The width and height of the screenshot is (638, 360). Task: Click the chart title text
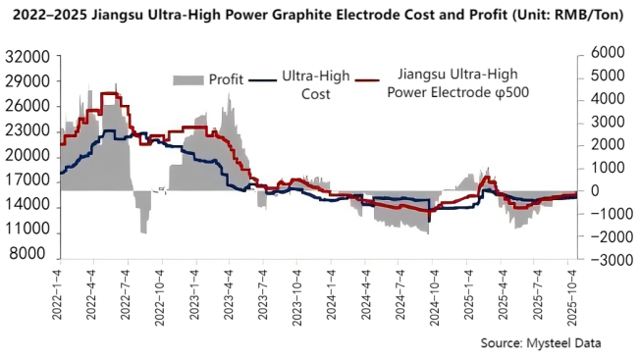(318, 17)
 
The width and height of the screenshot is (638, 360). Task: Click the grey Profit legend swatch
(188, 78)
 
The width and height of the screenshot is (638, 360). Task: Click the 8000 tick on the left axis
(37, 254)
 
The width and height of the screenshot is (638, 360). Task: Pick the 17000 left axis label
(33, 180)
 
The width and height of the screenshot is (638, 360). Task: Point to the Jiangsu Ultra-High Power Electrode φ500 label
(456, 84)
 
